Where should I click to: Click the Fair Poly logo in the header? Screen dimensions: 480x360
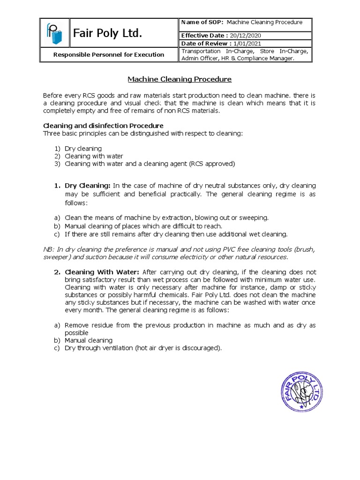(53, 33)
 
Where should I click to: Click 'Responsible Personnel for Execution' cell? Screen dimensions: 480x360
(108, 54)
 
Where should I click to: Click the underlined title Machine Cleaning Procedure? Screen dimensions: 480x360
(180, 79)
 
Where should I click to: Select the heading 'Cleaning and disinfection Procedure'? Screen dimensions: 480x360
(103, 126)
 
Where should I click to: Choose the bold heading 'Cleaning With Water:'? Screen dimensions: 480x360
(102, 272)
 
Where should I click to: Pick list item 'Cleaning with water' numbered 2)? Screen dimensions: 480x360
(94, 156)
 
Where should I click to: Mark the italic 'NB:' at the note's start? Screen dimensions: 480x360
(48, 249)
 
